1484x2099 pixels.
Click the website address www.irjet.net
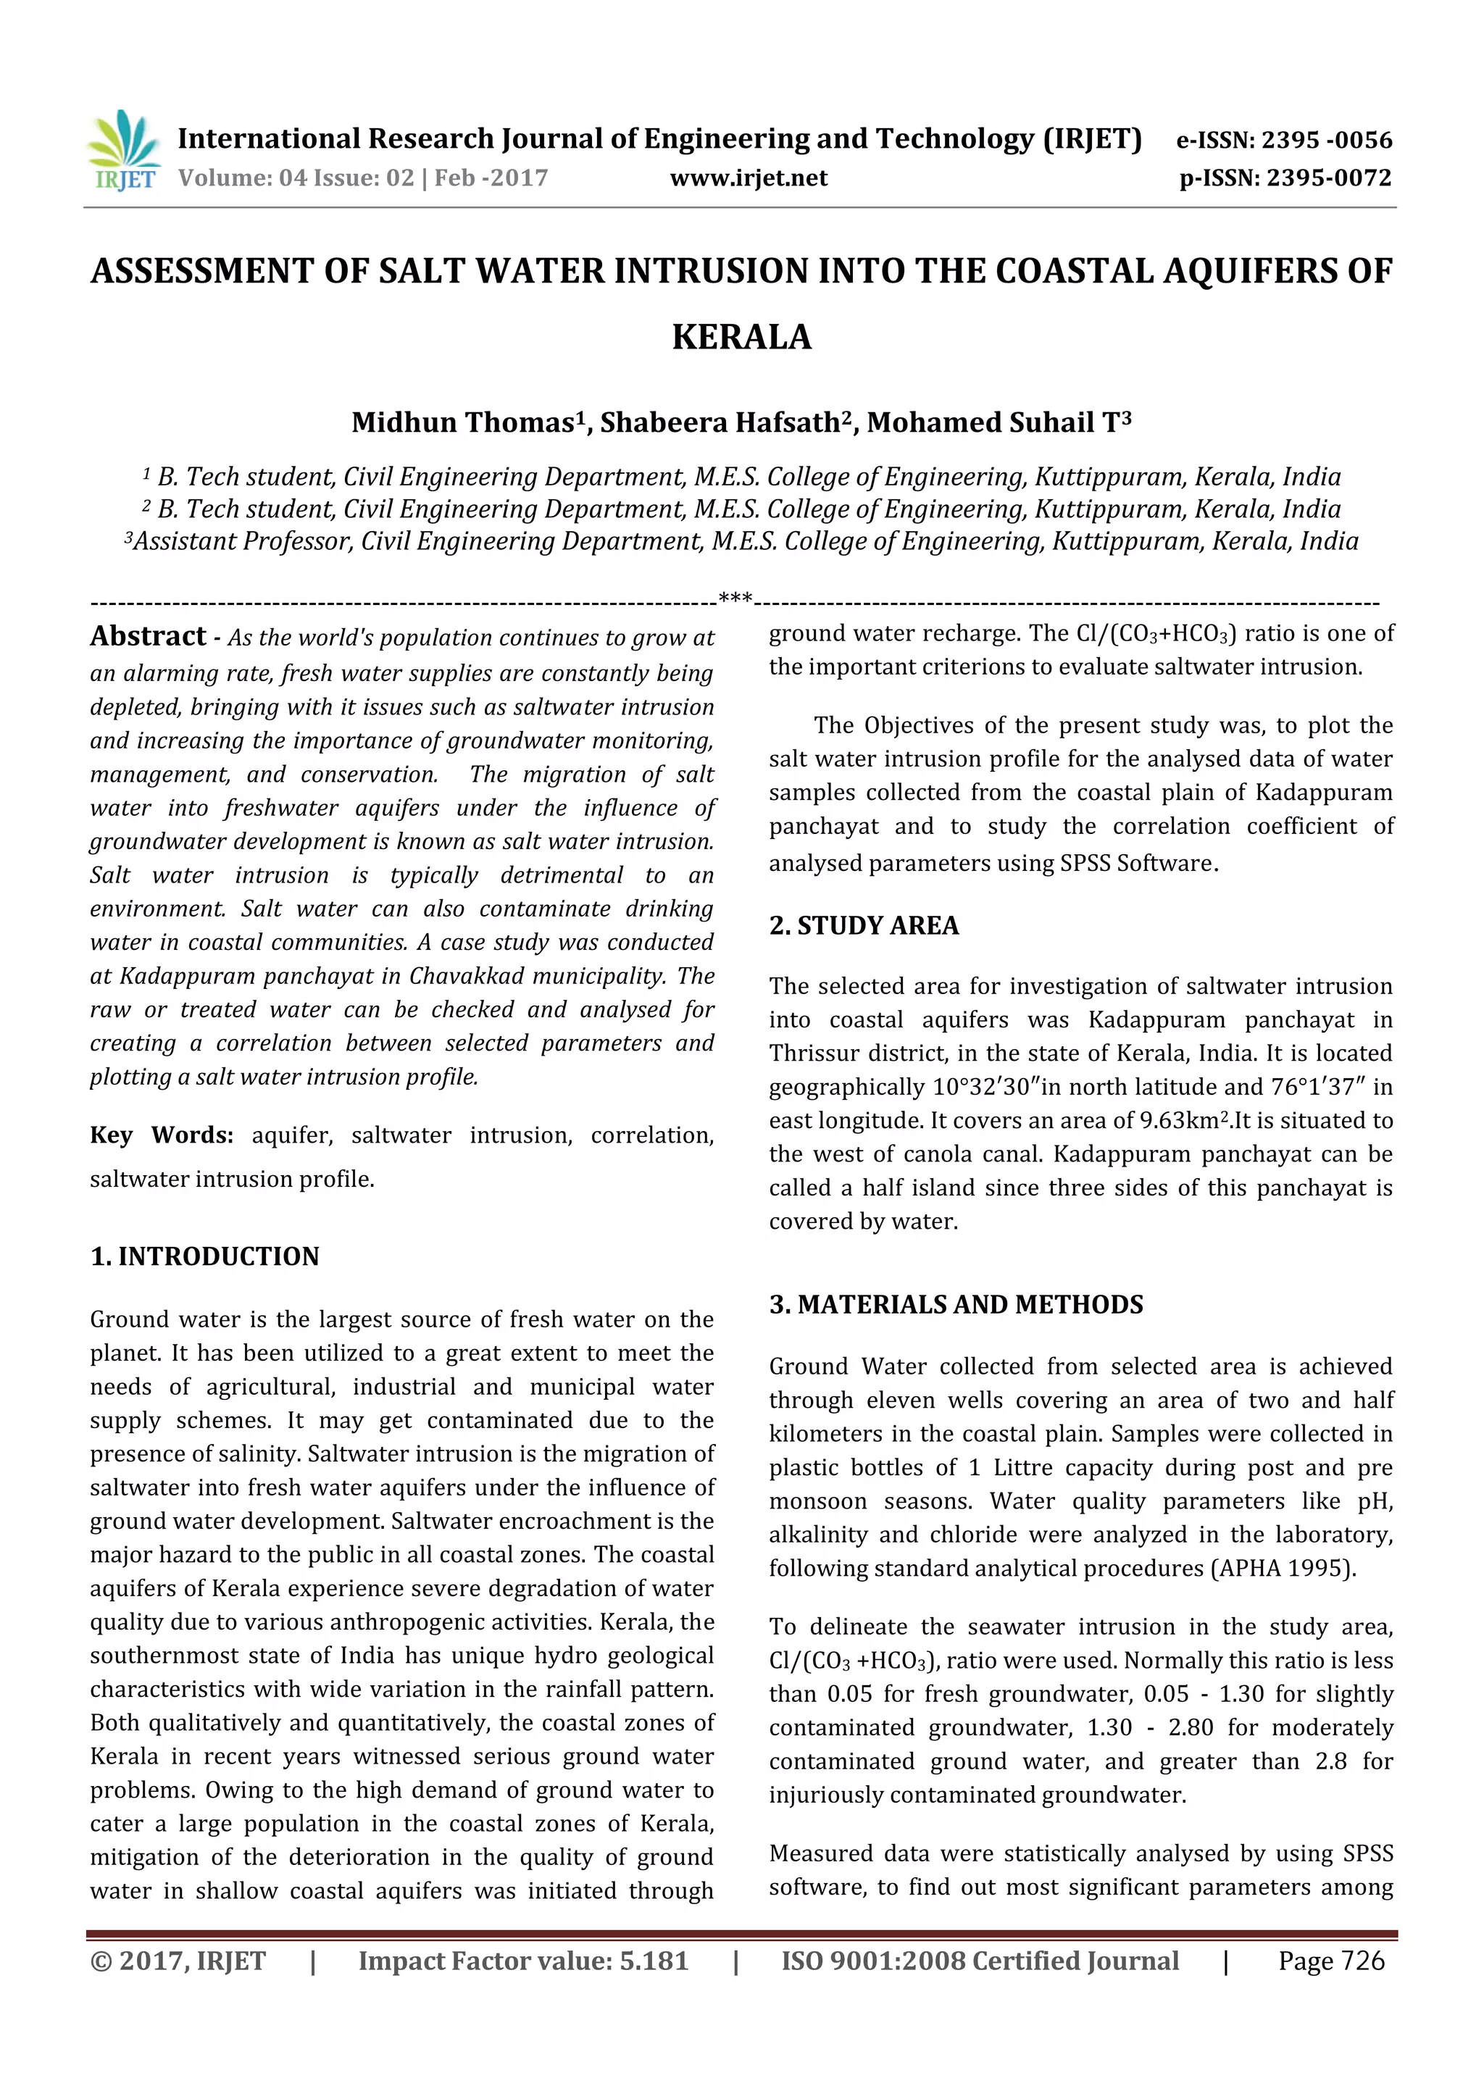point(748,178)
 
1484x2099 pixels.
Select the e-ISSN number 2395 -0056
point(1326,140)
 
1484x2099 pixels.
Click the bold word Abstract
point(148,636)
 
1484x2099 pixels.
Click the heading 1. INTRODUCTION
point(205,1256)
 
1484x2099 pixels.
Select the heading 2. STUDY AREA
point(864,926)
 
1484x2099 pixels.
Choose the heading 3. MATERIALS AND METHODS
point(956,1305)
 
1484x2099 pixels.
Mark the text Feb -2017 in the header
point(491,178)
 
